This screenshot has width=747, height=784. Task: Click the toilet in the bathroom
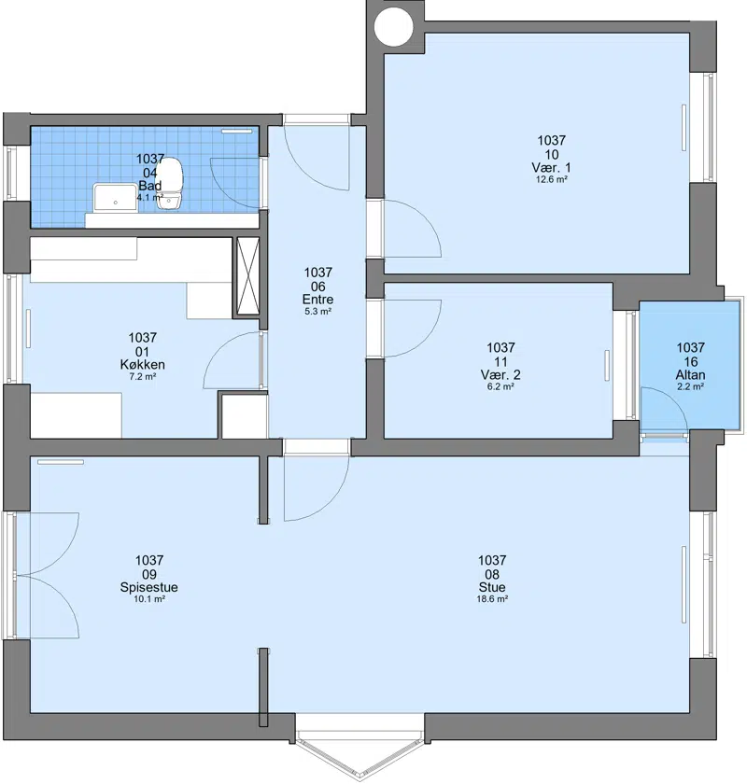171,183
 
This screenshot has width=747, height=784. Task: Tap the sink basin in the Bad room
115,198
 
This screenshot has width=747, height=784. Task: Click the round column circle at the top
394,26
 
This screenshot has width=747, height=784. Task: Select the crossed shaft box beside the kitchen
247,276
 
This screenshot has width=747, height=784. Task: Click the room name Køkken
143,365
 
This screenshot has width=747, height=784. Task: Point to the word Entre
317,299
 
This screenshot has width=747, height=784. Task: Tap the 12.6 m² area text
551,179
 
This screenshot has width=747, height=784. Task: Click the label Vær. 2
500,374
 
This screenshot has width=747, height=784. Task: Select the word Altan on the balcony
690,374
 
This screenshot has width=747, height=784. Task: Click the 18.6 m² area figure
492,599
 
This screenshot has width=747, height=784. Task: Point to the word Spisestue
149,587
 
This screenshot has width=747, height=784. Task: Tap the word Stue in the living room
492,587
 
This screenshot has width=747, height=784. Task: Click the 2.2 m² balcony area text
690,386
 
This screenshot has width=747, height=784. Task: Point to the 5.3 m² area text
317,311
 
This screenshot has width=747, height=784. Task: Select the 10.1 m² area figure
149,599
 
